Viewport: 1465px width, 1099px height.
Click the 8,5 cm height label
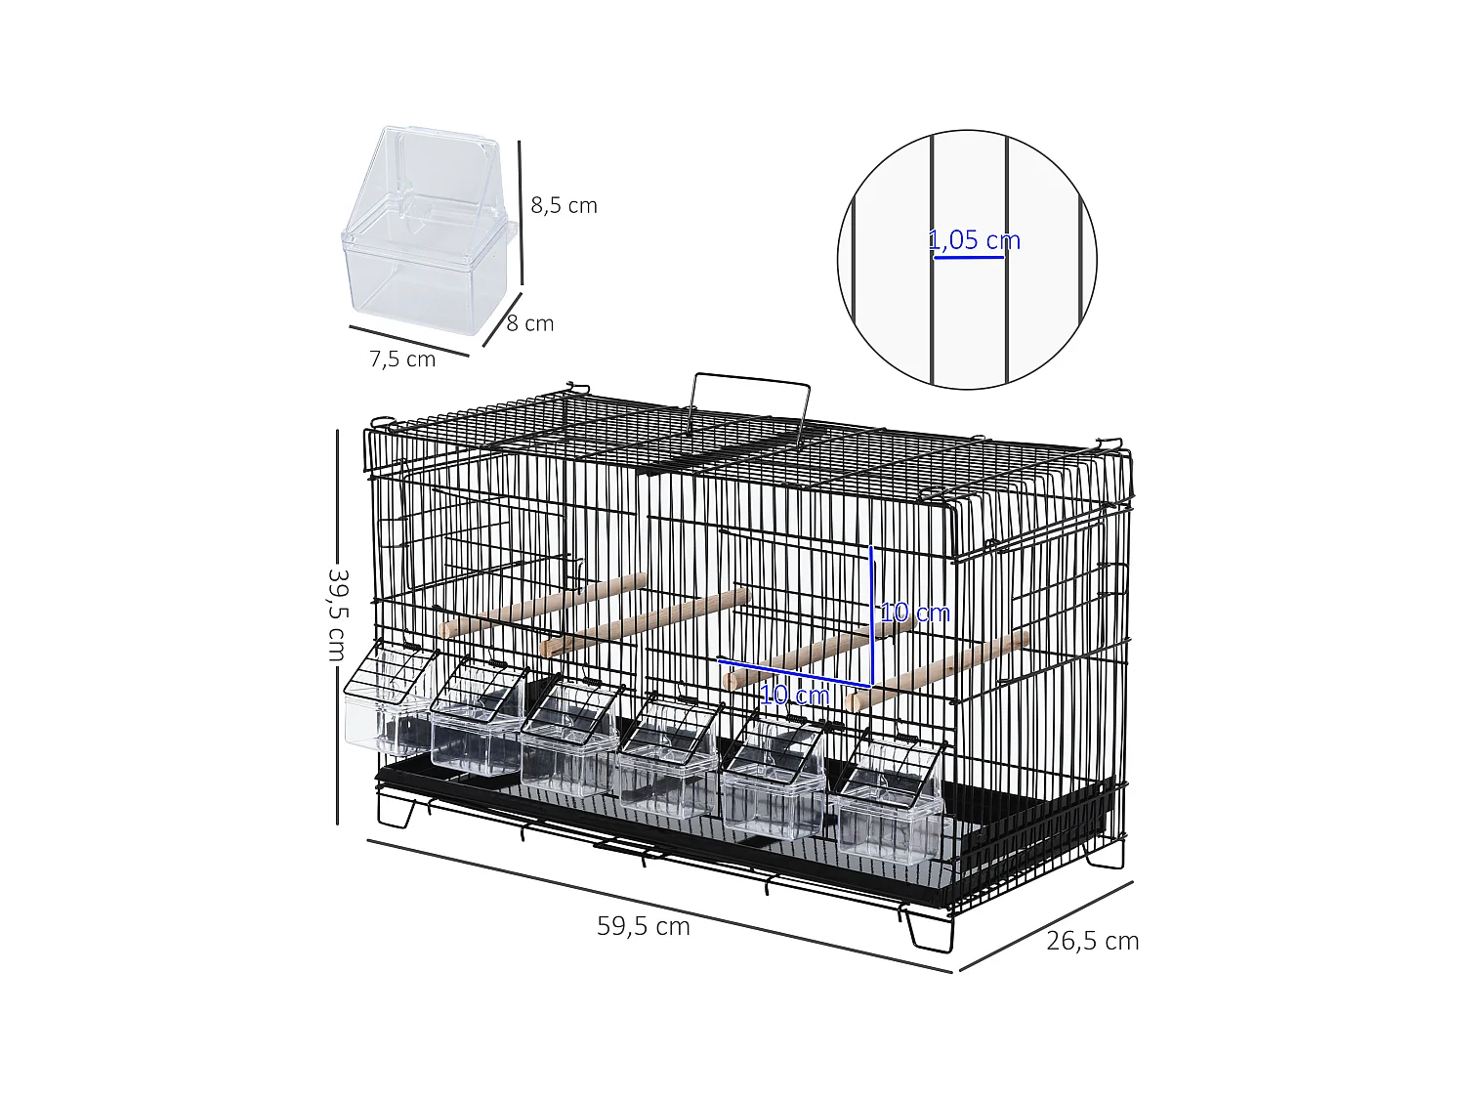[564, 205]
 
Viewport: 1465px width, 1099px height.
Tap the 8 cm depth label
[530, 323]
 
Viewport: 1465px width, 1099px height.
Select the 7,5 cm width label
[402, 359]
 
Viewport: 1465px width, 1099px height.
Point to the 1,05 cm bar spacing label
[974, 240]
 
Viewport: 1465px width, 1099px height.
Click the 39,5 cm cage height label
[337, 614]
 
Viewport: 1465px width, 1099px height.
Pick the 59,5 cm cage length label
[644, 926]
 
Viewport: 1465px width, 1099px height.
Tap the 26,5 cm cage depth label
[1092, 941]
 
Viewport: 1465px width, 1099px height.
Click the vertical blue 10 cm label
[914, 613]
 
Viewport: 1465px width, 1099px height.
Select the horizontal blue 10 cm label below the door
[794, 696]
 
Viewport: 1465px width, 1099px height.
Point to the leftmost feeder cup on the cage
[390, 701]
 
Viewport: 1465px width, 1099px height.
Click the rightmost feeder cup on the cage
[891, 800]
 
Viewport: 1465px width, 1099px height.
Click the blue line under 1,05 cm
[969, 259]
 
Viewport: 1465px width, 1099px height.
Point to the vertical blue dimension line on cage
[871, 615]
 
